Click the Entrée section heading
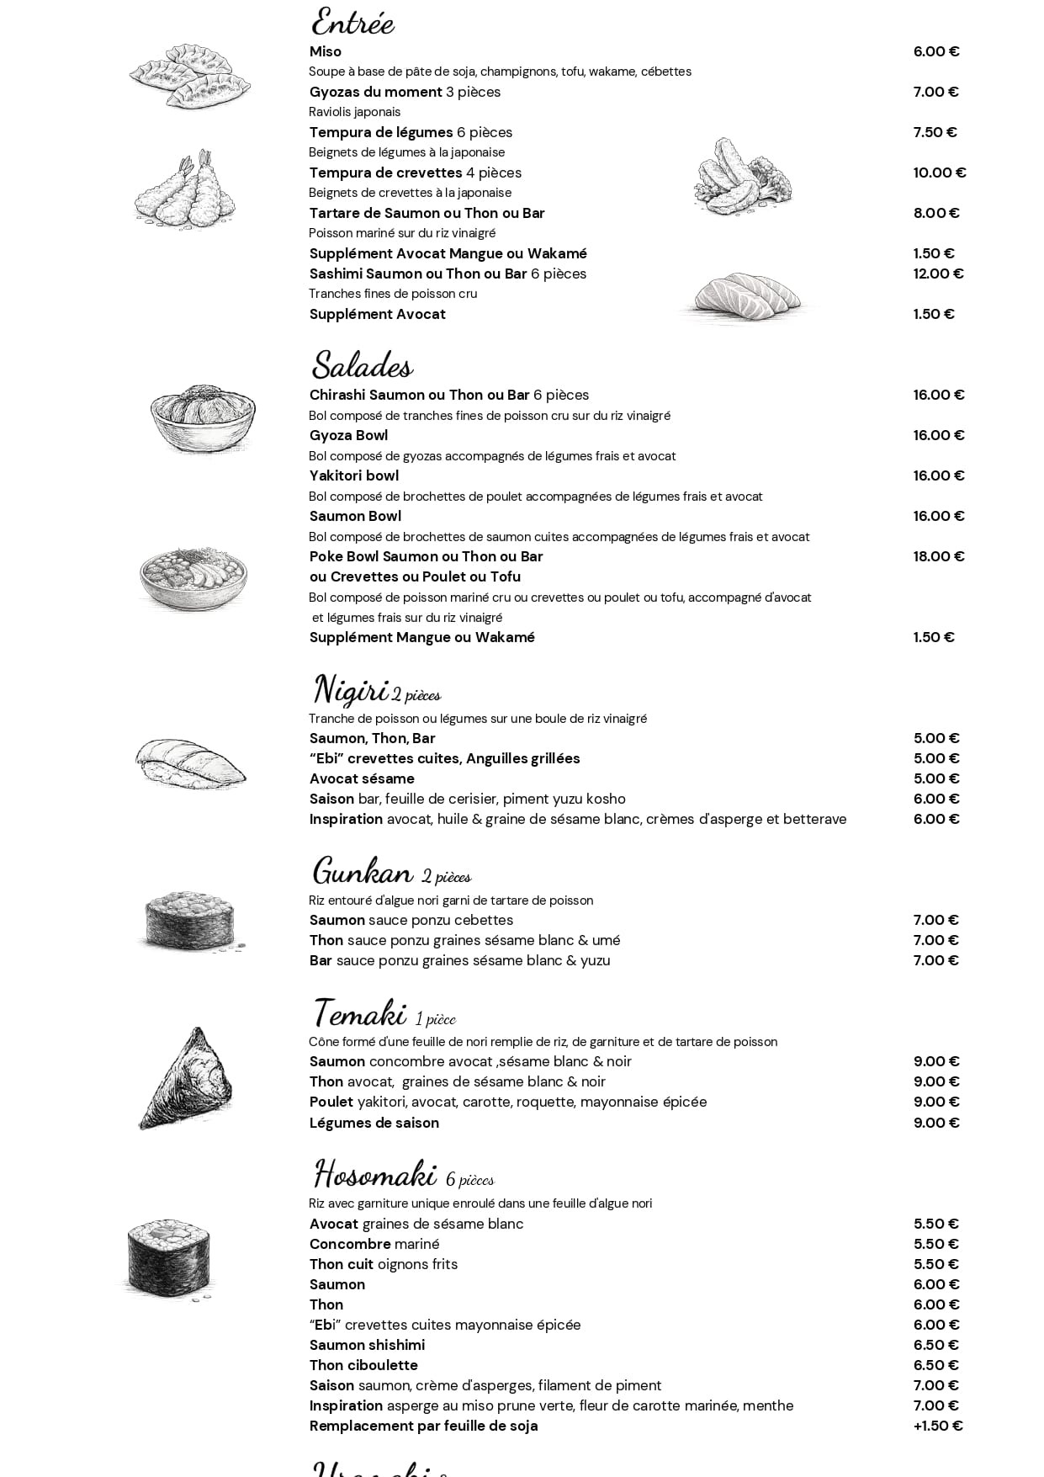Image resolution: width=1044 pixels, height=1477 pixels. pyautogui.click(x=352, y=22)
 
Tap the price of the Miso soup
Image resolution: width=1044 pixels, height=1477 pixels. pyautogui.click(x=935, y=51)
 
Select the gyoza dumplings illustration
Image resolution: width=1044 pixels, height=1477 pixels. pyautogui.click(x=191, y=76)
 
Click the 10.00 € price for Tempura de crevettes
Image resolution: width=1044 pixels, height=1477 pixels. pyautogui.click(x=939, y=173)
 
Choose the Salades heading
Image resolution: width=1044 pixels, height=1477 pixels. pyautogui.click(x=362, y=365)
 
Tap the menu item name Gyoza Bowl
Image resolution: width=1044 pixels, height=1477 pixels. pyautogui.click(x=348, y=435)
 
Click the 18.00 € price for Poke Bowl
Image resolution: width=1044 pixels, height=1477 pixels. pyautogui.click(x=938, y=556)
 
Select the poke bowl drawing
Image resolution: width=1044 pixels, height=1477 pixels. pyautogui.click(x=193, y=577)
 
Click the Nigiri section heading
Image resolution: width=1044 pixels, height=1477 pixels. pyautogui.click(x=351, y=689)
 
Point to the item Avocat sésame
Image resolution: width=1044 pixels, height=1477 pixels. pyautogui.click(x=362, y=778)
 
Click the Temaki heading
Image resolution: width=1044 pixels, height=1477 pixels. pyautogui.click(x=360, y=1012)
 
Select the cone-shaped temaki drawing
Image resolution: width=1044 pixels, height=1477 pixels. pyautogui.click(x=187, y=1077)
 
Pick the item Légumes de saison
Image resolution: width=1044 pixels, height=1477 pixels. pyautogui.click(x=374, y=1123)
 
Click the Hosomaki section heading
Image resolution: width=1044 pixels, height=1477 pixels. pyautogui.click(x=375, y=1174)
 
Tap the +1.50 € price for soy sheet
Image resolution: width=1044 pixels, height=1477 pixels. pyautogui.click(x=937, y=1426)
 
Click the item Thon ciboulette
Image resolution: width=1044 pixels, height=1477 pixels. pyautogui.click(x=363, y=1365)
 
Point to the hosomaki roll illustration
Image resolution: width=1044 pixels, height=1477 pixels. pyautogui.click(x=168, y=1258)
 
